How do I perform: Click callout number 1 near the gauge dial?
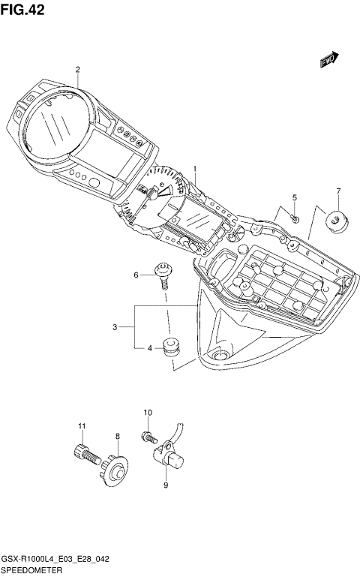tap(195, 169)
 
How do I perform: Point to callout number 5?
tap(295, 197)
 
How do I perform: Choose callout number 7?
tap(338, 191)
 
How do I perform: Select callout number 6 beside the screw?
tap(136, 275)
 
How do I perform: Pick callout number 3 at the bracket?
tap(115, 326)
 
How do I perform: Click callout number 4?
tap(150, 348)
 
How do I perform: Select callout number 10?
tap(148, 413)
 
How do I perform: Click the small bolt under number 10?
tap(148, 434)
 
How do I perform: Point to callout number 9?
tap(165, 485)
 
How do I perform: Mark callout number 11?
tap(81, 427)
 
